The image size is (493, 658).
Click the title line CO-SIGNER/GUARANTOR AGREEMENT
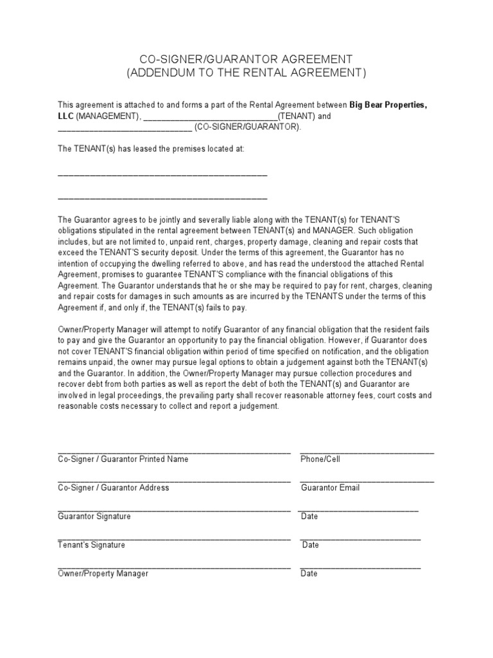pyautogui.click(x=246, y=58)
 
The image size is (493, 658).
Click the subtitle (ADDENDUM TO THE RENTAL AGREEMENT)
pyautogui.click(x=246, y=73)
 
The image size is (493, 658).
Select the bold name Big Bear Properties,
pyautogui.click(x=388, y=105)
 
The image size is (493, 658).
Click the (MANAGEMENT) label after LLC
pyautogui.click(x=107, y=116)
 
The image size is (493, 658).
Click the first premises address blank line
pyautogui.click(x=162, y=175)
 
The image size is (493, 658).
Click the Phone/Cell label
pyautogui.click(x=320, y=459)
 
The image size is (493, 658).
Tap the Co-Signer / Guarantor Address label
pyautogui.click(x=114, y=488)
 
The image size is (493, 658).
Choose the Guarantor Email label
pyautogui.click(x=331, y=488)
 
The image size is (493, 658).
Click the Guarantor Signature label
pyautogui.click(x=94, y=516)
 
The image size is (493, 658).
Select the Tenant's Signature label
pyautogui.click(x=92, y=545)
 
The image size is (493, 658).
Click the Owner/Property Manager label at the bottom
pyautogui.click(x=103, y=573)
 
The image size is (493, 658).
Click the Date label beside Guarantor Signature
pyautogui.click(x=309, y=516)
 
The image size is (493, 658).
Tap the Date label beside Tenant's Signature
pyautogui.click(x=311, y=545)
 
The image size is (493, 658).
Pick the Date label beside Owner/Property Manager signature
pyautogui.click(x=309, y=573)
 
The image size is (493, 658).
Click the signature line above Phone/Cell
pyautogui.click(x=367, y=452)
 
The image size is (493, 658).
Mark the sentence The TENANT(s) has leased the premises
pyautogui.click(x=151, y=148)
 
